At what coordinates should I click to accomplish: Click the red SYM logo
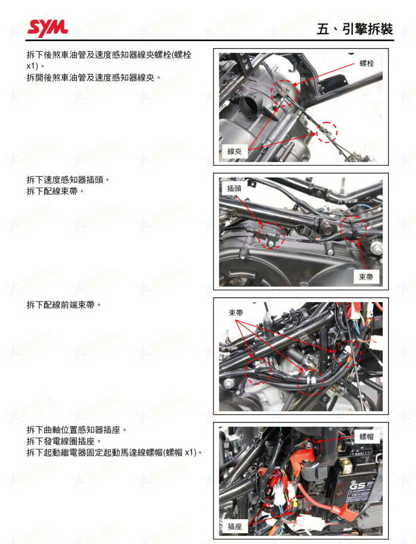click(47, 26)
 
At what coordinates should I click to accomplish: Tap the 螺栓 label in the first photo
click(367, 63)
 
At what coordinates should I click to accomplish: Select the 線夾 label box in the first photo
click(234, 151)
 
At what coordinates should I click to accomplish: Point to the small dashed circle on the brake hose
click(326, 132)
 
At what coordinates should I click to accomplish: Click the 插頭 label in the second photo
click(234, 188)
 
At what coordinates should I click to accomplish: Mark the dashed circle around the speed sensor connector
click(271, 233)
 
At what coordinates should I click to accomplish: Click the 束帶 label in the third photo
click(236, 313)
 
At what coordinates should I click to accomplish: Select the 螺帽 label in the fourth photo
click(367, 437)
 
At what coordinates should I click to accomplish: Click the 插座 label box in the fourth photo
click(234, 526)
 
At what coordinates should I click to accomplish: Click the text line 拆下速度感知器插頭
click(69, 179)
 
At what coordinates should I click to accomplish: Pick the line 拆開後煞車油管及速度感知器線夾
click(94, 77)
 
